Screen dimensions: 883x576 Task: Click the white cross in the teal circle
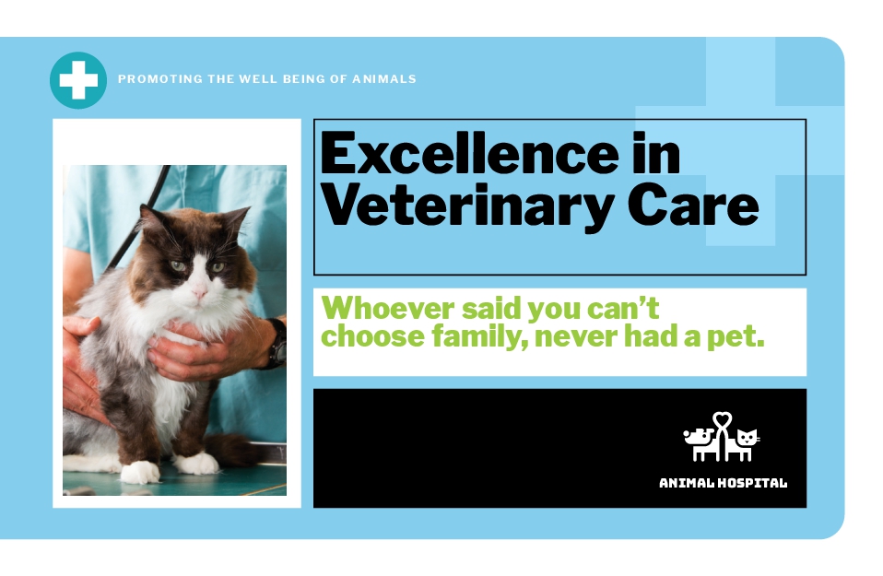[78, 80]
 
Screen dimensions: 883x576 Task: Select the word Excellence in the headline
[469, 154]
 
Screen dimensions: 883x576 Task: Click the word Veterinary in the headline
[466, 206]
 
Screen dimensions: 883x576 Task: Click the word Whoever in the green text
[387, 309]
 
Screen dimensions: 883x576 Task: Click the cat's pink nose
[199, 291]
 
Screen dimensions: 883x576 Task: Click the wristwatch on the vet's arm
[277, 344]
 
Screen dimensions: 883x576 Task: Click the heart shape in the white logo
[722, 420]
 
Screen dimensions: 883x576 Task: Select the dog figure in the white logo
[700, 443]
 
